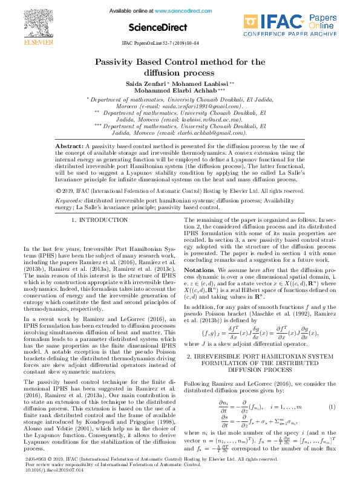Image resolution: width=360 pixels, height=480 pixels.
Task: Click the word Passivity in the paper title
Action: coord(119,62)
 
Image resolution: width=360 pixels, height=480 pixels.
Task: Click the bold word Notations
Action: coord(199,269)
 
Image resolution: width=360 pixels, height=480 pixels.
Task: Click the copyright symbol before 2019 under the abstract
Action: coord(57,174)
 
